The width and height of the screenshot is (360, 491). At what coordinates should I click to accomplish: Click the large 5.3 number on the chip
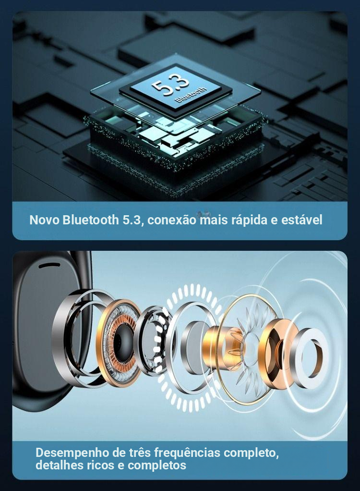171,85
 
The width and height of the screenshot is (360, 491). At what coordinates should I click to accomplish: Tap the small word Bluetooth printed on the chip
192,95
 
